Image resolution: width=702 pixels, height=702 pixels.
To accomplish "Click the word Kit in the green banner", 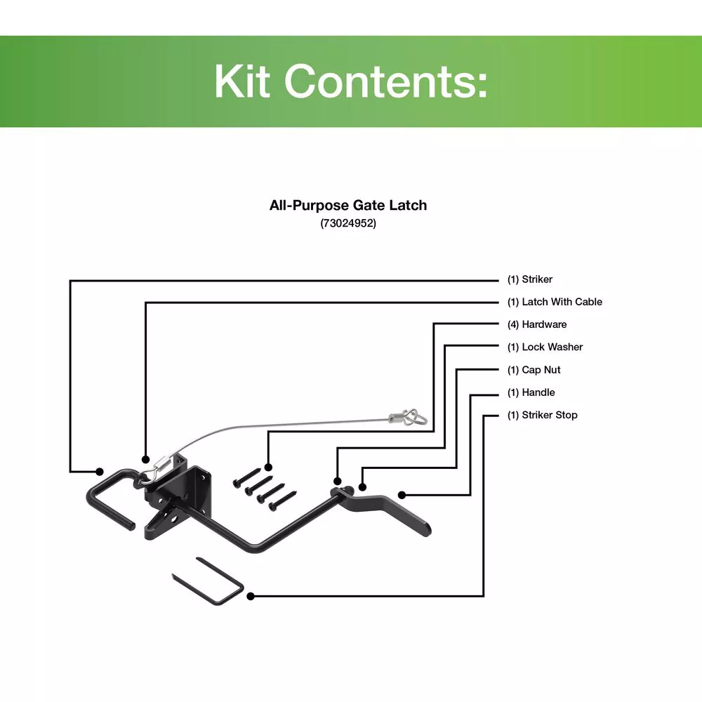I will tap(242, 81).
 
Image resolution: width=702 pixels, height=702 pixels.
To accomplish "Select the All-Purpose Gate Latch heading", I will tap(348, 206).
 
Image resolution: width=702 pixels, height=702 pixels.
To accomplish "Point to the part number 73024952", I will tap(348, 224).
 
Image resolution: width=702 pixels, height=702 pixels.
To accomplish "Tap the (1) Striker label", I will tap(530, 279).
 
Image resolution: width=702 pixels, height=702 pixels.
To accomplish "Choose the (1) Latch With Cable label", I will tap(555, 302).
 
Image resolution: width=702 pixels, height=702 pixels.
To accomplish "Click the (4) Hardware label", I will tap(537, 324).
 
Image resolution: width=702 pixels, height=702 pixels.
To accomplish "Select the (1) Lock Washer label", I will tap(545, 347).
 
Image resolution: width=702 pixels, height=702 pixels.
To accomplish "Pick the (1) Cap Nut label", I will tap(534, 370).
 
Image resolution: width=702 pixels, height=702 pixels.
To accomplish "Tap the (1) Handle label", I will tap(531, 392).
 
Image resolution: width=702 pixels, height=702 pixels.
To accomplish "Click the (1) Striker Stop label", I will tap(542, 415).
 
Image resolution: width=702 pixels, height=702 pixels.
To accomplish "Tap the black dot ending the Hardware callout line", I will tap(267, 467).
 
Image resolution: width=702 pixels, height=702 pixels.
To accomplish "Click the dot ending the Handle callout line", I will tap(402, 494).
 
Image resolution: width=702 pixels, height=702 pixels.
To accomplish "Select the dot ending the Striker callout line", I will tap(100, 470).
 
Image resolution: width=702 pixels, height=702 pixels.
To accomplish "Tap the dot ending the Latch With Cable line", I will tap(146, 461).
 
